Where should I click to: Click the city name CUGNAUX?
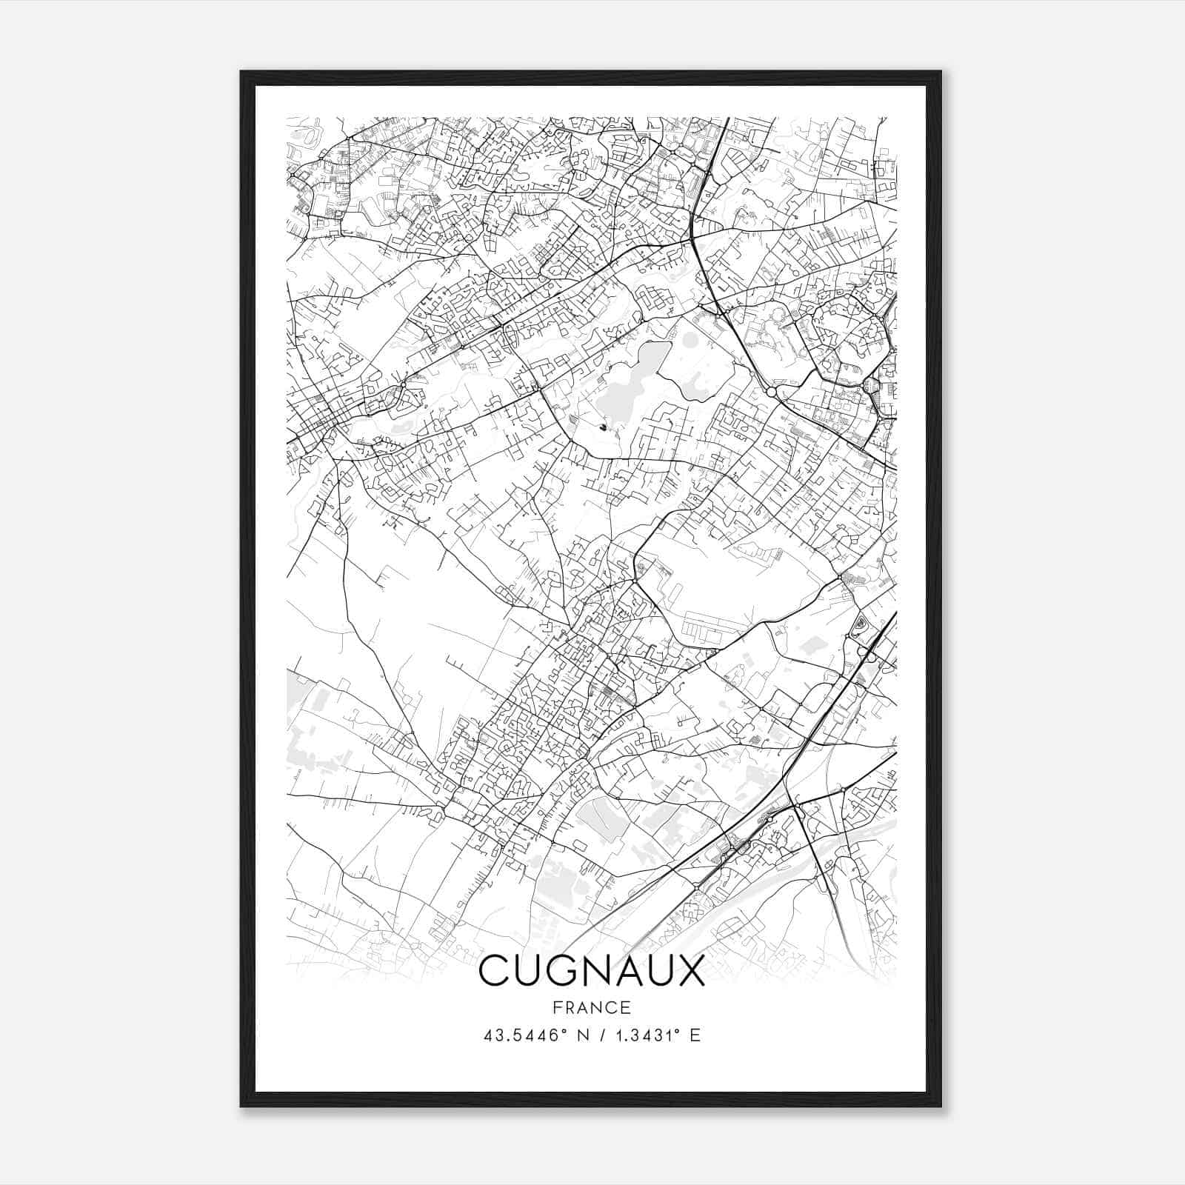(592, 971)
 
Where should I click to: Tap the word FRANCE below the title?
(592, 1007)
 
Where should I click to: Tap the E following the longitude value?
(695, 1035)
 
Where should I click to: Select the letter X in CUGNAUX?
(689, 971)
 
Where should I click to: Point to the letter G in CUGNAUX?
(558, 971)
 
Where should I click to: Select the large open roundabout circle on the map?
(772, 391)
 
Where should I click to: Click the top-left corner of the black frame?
(241, 72)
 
